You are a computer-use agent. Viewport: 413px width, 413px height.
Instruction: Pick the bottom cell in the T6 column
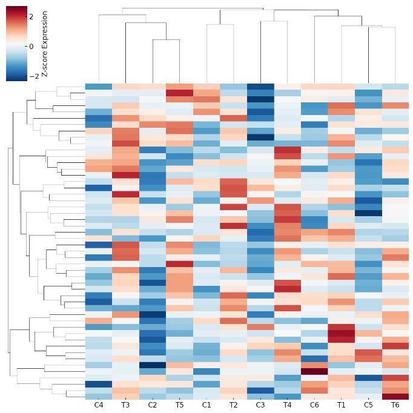(x=395, y=396)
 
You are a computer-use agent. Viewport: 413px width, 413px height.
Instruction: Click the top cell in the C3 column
(x=260, y=87)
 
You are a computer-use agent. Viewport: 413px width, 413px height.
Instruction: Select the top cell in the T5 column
(x=179, y=87)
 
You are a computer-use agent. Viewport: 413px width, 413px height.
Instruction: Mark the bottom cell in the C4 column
(x=99, y=396)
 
